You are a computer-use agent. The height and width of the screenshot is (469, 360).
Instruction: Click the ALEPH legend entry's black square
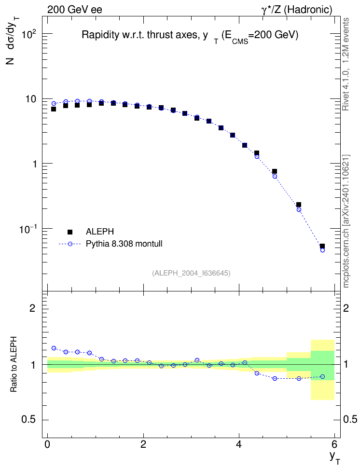pyautogui.click(x=70, y=232)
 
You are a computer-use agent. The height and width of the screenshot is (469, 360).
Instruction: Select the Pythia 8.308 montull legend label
pyautogui.click(x=124, y=244)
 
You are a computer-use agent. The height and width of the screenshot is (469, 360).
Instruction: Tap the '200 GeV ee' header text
pyautogui.click(x=74, y=10)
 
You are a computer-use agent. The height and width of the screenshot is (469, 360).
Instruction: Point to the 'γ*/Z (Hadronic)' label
pyautogui.click(x=297, y=10)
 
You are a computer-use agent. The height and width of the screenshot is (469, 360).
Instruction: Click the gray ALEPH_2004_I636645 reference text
pyautogui.click(x=191, y=273)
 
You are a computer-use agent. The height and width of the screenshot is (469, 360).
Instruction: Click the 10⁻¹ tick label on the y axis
pyautogui.click(x=28, y=229)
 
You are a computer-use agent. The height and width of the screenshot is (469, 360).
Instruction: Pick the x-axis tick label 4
pyautogui.click(x=238, y=444)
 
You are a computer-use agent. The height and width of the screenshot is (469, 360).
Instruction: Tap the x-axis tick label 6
pyautogui.click(x=334, y=444)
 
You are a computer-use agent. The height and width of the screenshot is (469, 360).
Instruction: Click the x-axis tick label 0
pyautogui.click(x=47, y=444)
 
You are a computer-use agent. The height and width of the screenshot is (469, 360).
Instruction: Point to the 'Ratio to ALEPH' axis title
pyautogui.click(x=14, y=364)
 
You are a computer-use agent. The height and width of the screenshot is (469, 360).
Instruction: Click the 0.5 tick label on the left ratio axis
pyautogui.click(x=29, y=420)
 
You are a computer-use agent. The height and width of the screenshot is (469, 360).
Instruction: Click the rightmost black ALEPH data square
pyautogui.click(x=322, y=247)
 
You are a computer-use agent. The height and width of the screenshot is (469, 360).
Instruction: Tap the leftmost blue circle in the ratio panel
pyautogui.click(x=54, y=348)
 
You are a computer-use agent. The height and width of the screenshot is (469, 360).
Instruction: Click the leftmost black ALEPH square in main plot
pyautogui.click(x=54, y=109)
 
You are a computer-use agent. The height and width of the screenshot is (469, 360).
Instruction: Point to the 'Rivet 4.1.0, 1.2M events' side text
pyautogui.click(x=346, y=64)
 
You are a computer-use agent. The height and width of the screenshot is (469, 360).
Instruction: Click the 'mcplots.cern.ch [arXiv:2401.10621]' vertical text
pyautogui.click(x=346, y=221)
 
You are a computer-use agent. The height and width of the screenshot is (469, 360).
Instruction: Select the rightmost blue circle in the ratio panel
pyautogui.click(x=322, y=376)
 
